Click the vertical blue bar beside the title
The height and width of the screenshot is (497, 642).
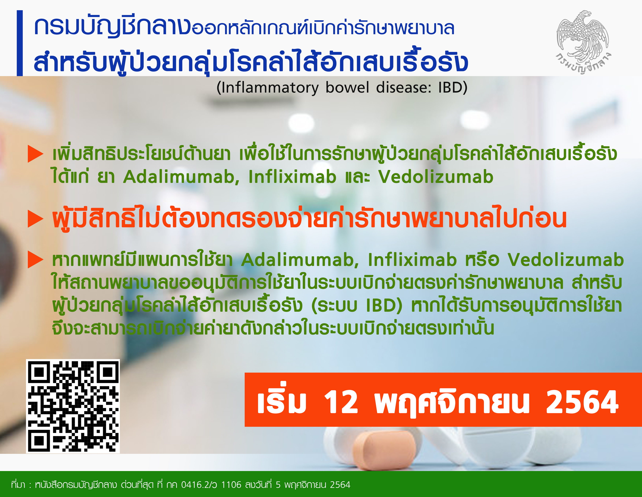[20, 43]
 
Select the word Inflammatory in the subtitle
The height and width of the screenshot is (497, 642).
[270, 88]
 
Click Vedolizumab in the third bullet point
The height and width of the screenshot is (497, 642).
[566, 260]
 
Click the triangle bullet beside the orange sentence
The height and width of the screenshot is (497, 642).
[36, 219]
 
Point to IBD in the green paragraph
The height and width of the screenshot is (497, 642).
[382, 306]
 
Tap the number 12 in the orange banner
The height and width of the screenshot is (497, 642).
[341, 402]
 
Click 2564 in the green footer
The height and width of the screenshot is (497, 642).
[340, 485]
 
